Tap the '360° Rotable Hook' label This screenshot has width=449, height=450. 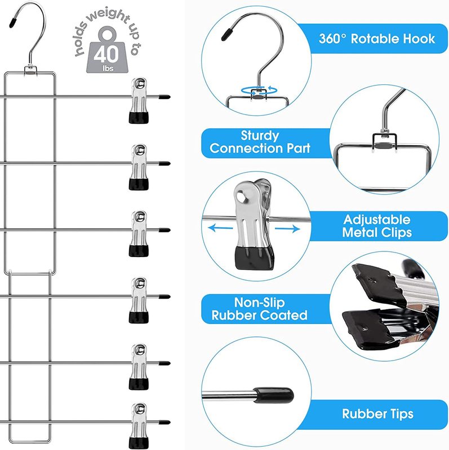click(x=377, y=39)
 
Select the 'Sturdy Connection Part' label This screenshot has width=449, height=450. click(x=260, y=142)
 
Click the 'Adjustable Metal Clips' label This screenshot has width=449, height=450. click(x=377, y=226)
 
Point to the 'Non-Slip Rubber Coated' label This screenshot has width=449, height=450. click(x=260, y=309)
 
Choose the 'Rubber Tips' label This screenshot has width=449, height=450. click(x=377, y=414)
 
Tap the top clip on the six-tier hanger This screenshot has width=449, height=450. click(x=138, y=100)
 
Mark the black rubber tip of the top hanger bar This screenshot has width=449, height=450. click(x=164, y=97)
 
